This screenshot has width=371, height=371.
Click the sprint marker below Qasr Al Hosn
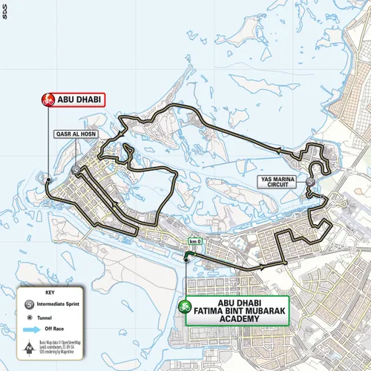(77, 170)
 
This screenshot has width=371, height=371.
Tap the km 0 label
(195, 242)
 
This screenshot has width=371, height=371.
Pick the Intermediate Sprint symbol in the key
(27, 303)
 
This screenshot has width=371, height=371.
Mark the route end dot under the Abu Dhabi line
(47, 180)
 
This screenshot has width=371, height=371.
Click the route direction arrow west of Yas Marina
(279, 151)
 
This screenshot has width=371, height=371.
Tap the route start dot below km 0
(185, 259)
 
